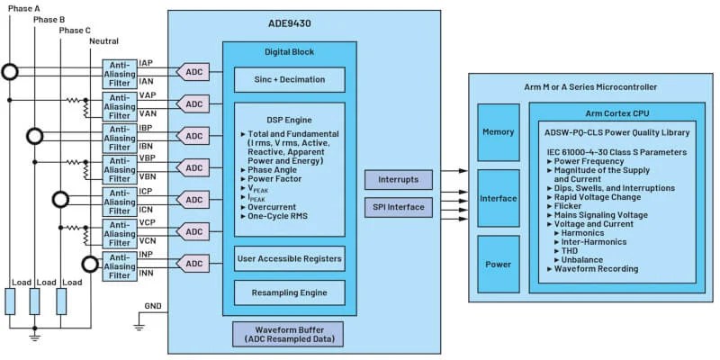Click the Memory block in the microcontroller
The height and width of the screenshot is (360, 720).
tap(498, 131)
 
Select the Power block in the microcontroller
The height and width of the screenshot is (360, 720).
tap(498, 264)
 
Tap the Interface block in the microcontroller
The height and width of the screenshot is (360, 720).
tap(498, 198)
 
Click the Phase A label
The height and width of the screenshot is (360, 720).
tap(24, 7)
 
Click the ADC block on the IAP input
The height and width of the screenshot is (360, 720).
tap(193, 72)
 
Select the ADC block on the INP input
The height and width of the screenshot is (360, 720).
tap(193, 264)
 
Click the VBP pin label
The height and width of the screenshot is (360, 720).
tap(148, 159)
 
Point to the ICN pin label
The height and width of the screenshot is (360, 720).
tap(148, 209)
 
